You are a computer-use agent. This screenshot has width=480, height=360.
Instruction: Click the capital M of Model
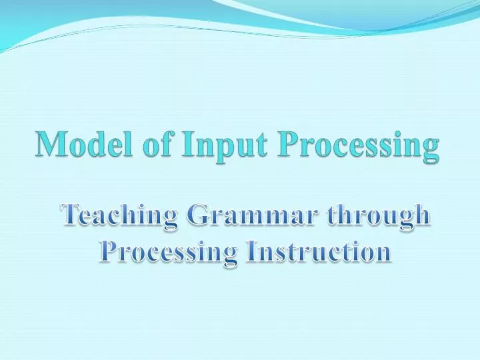coord(50,143)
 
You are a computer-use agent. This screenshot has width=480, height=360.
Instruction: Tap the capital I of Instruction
coord(251,251)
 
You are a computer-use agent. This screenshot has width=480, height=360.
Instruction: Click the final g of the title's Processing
coord(431,148)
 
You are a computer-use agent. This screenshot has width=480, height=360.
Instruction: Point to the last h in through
coord(421,215)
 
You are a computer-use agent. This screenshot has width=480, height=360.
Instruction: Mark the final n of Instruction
coord(382,253)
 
